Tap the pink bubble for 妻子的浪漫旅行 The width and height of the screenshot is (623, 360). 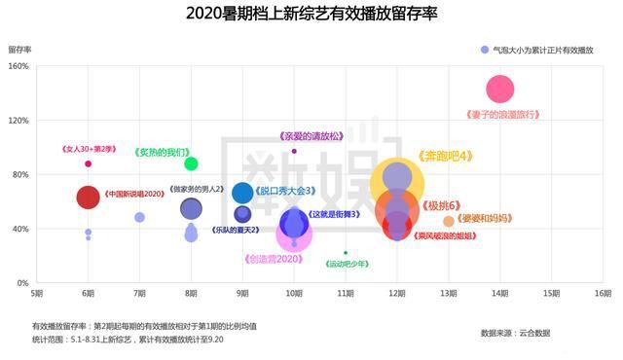499,90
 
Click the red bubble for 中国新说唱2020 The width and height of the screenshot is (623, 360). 89,198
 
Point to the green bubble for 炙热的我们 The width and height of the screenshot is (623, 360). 191,163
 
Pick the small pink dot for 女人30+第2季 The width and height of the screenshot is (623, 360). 88,163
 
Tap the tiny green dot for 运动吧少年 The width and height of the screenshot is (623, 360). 345,253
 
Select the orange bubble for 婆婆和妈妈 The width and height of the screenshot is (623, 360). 449,221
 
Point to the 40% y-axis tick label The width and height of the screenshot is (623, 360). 19,229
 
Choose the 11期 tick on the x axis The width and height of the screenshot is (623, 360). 345,293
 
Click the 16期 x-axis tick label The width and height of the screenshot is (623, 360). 603,293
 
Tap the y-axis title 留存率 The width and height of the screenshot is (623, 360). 20,48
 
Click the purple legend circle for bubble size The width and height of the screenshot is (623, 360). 484,49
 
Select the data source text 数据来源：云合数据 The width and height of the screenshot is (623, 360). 515,334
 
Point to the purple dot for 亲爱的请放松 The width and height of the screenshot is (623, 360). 294,151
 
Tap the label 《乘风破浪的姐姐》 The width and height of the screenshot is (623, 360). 447,235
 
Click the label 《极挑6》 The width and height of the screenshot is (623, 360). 440,205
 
